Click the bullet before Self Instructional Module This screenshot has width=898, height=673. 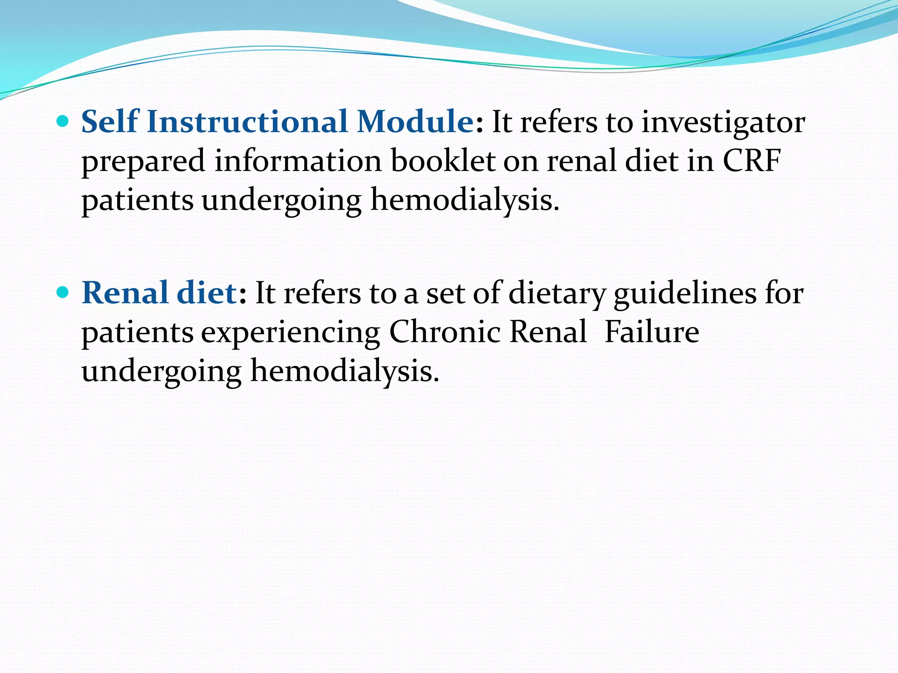63,121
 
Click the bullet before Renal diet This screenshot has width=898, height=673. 63,293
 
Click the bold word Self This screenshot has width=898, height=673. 110,121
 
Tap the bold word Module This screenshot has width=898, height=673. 415,121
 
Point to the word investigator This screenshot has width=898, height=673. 723,123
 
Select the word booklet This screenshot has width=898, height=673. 443,161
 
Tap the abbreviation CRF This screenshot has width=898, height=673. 752,161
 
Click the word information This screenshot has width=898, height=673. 298,161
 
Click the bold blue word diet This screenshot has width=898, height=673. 207,293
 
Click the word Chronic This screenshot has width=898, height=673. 445,332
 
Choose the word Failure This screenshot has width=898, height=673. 652,332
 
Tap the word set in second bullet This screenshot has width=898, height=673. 445,294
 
